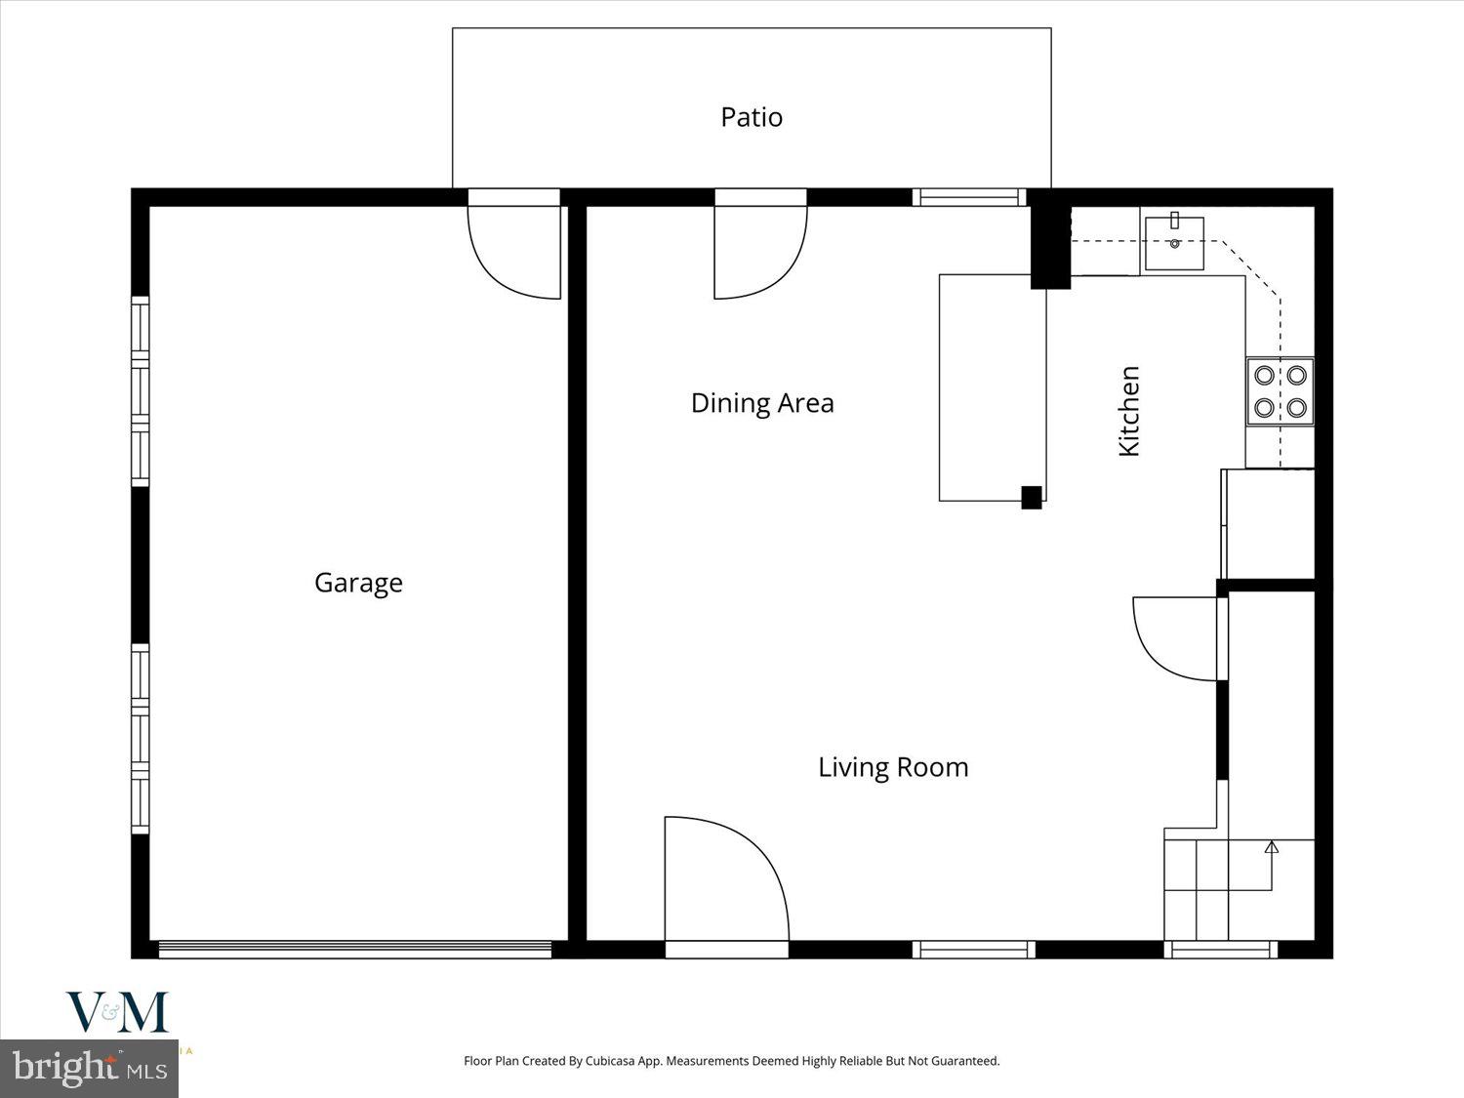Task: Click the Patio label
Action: click(x=751, y=117)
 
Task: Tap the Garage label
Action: click(x=358, y=583)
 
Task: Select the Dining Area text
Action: click(x=761, y=403)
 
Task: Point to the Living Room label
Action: click(x=892, y=767)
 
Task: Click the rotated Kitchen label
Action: click(x=1129, y=411)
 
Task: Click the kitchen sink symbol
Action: click(x=1174, y=242)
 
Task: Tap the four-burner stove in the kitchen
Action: click(x=1280, y=391)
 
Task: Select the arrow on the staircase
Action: click(x=1271, y=847)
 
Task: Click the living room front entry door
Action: click(x=725, y=883)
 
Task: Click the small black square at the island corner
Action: click(x=1032, y=497)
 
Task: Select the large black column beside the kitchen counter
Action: click(x=1050, y=240)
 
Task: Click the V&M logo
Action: click(x=117, y=1012)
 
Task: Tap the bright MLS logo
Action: click(x=89, y=1068)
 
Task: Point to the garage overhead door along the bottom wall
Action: click(x=355, y=949)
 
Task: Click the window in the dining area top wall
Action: click(x=969, y=197)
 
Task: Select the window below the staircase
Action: click(x=1221, y=949)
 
